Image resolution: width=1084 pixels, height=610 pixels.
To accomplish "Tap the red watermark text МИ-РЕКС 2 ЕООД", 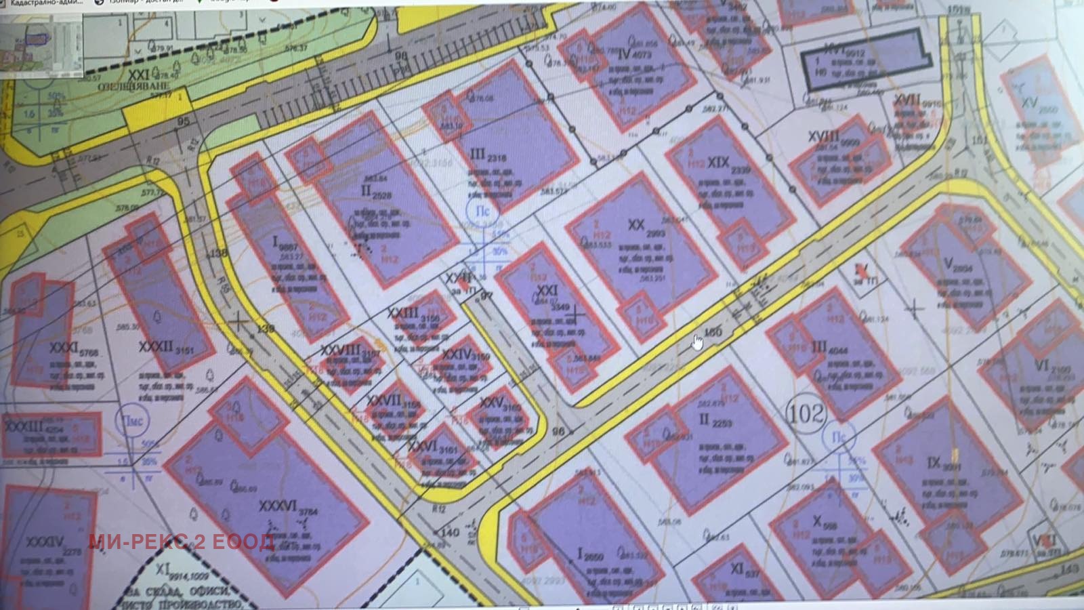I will point(181,542).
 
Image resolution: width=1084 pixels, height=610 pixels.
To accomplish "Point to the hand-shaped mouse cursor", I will point(697,342).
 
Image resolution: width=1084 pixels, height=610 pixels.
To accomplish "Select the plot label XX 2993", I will point(644,228).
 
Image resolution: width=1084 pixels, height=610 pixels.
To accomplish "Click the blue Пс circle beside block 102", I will point(839,437).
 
